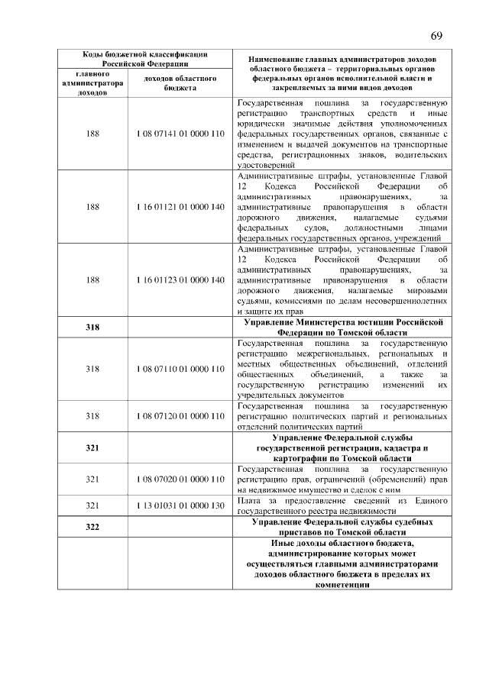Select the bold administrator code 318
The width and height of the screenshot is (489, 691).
click(92, 328)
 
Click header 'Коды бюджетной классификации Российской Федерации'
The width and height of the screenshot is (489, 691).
click(144, 59)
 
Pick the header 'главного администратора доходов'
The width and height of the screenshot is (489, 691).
click(92, 82)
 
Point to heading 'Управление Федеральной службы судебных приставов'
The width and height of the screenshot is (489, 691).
click(342, 526)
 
